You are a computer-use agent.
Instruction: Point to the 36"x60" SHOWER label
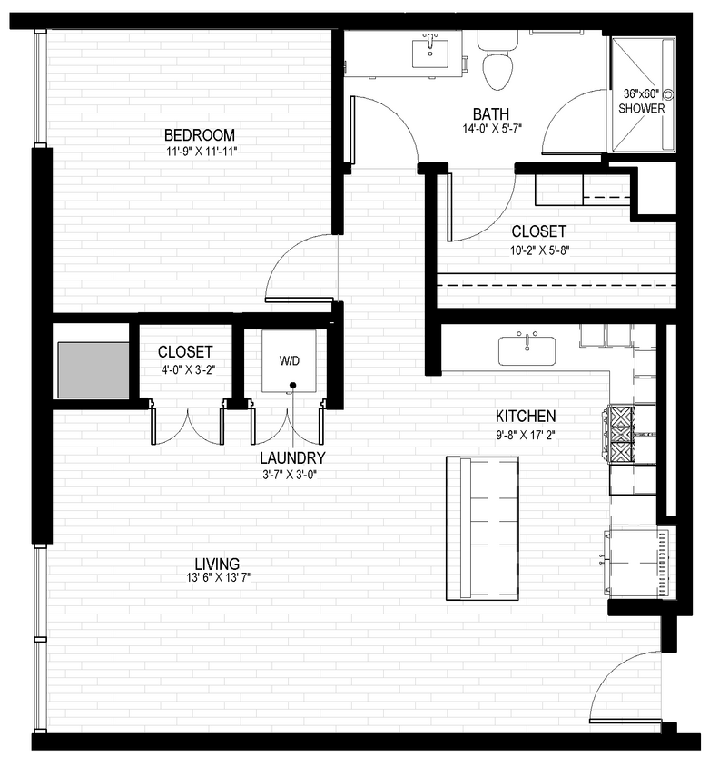(643, 101)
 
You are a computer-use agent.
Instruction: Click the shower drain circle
(668, 93)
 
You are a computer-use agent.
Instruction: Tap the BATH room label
(490, 114)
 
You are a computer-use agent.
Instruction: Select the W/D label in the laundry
(289, 361)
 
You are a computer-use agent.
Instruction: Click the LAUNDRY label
(292, 458)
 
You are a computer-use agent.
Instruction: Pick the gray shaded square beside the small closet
(93, 369)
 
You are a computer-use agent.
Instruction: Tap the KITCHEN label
(525, 417)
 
